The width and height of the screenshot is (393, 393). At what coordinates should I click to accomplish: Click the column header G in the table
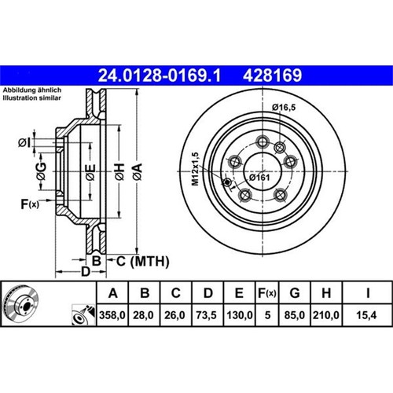coord(295,293)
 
